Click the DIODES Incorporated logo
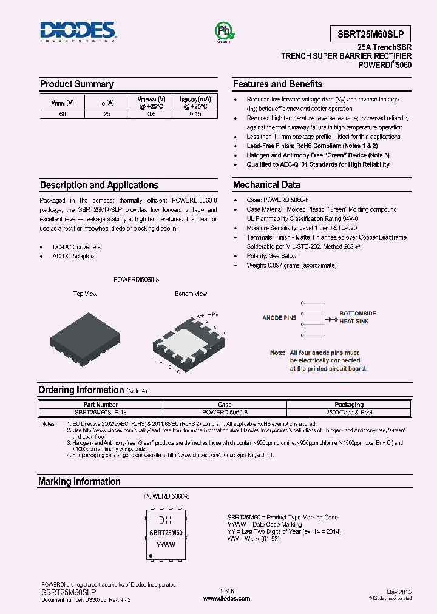pyautogui.click(x=77, y=32)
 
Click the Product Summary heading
pyautogui.click(x=76, y=84)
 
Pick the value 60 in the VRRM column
pyautogui.click(x=63, y=114)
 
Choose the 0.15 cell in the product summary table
pyautogui.click(x=195, y=114)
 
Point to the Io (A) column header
pyautogui.click(x=107, y=103)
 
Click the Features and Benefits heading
pyautogui.click(x=277, y=84)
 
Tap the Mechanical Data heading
pyautogui.click(x=266, y=185)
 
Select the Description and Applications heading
pyautogui.click(x=99, y=185)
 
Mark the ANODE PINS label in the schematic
pyautogui.click(x=279, y=318)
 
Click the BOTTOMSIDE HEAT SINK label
pyautogui.click(x=357, y=317)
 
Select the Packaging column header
pyautogui.click(x=349, y=405)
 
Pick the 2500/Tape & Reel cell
pyautogui.click(x=349, y=412)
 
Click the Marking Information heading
pyautogui.click(x=80, y=482)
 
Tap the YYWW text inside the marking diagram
pyautogui.click(x=166, y=545)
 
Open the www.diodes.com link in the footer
pyautogui.click(x=226, y=598)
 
